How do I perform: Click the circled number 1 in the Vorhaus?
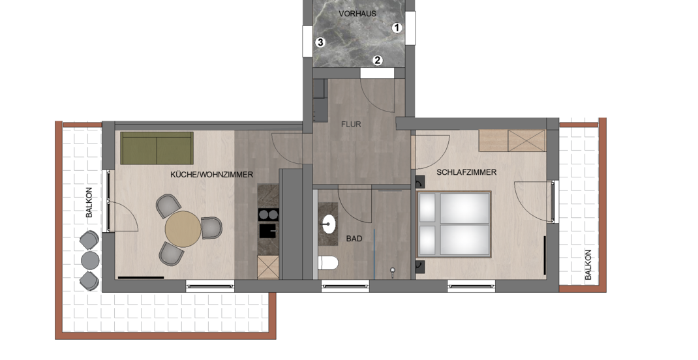(397, 28)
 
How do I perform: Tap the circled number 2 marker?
(378, 60)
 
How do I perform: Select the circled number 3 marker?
(320, 43)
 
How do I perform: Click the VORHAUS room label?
(357, 14)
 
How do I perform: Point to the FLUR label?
(351, 125)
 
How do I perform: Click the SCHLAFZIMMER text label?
(466, 172)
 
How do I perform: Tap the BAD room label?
(354, 239)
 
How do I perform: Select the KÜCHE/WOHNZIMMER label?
(212, 174)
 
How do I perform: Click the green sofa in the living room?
(157, 148)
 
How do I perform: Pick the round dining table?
(183, 229)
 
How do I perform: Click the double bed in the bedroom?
(454, 224)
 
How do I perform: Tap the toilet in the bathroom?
(328, 263)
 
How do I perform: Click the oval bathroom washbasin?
(329, 224)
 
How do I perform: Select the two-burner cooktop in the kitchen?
(268, 215)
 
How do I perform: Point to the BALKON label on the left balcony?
(89, 202)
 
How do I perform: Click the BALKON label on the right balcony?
(588, 265)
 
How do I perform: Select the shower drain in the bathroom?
(393, 270)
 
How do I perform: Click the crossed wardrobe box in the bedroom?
(526, 141)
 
